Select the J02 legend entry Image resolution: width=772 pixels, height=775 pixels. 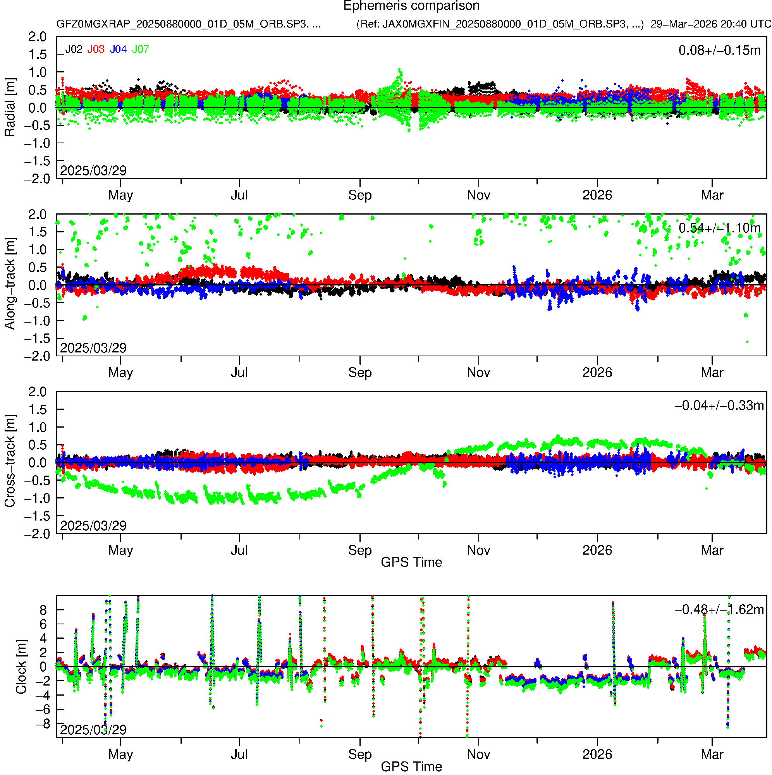point(74,49)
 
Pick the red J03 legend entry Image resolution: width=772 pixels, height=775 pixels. point(96,49)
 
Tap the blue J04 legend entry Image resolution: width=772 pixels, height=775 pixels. point(119,49)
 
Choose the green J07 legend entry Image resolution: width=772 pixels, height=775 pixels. point(141,49)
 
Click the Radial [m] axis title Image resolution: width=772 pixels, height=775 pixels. point(10,108)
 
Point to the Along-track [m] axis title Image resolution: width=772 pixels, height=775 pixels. point(10,284)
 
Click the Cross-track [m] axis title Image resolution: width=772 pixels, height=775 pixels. point(10,461)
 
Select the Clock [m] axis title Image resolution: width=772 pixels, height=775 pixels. point(21,667)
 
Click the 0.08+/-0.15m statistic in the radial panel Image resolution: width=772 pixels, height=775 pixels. point(719,50)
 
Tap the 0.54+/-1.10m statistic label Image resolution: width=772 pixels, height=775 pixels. point(719,228)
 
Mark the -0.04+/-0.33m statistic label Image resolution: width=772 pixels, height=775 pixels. point(719,406)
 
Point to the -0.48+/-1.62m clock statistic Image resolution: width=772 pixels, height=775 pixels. point(719,610)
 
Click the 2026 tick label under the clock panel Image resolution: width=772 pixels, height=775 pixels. point(597,754)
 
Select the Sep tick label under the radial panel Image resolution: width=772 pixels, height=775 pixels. point(360,195)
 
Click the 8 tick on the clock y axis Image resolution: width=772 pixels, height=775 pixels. point(43,610)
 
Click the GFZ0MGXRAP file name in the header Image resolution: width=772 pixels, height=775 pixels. point(189,24)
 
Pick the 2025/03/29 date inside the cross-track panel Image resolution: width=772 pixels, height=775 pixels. point(93,526)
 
